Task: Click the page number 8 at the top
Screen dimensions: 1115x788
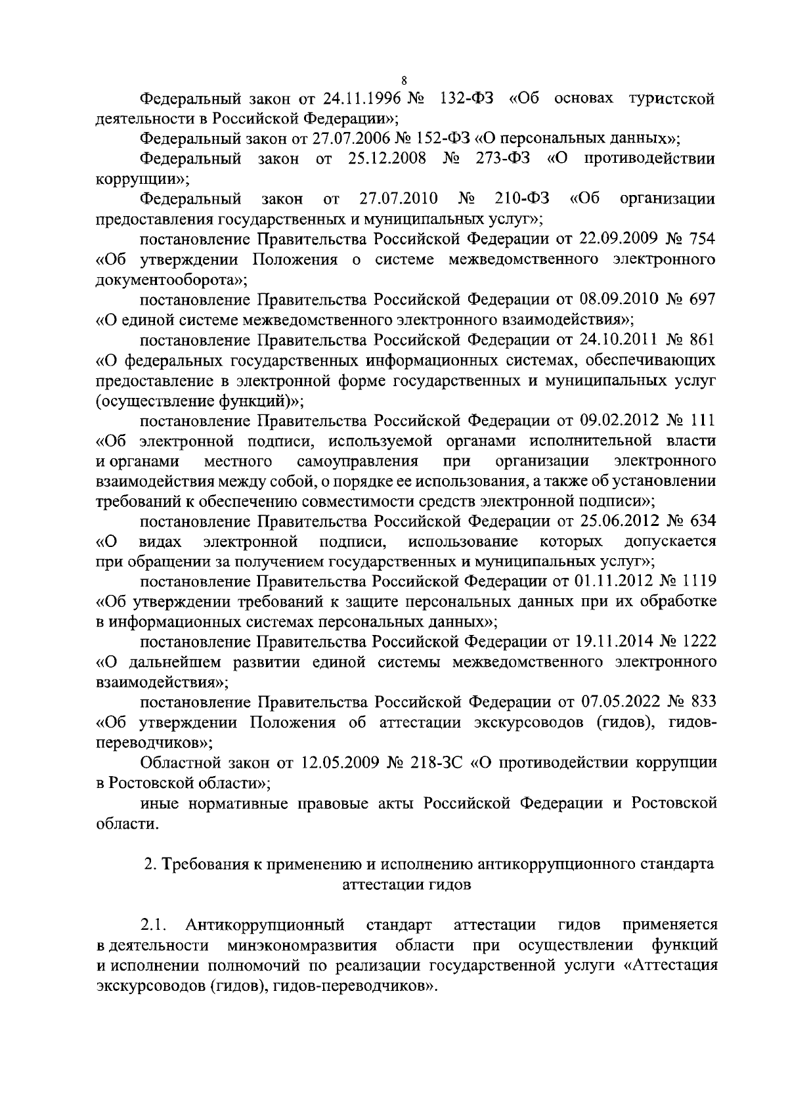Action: [404, 81]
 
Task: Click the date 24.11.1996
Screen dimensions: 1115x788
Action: [363, 99]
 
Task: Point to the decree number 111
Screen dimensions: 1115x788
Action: [701, 420]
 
